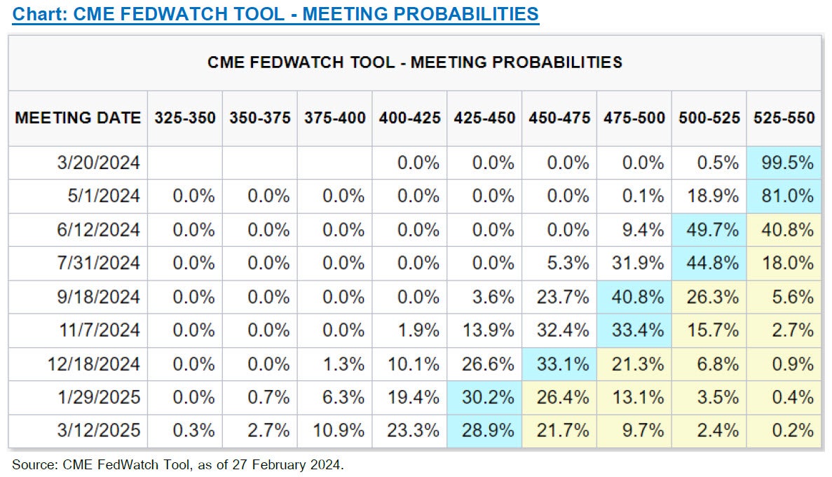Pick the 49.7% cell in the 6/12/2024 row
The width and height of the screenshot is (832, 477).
tap(709, 230)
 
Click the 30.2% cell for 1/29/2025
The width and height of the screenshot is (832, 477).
tap(484, 398)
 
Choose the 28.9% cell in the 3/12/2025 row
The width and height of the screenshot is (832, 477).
tap(484, 431)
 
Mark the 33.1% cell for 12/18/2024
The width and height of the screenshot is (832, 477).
tap(559, 364)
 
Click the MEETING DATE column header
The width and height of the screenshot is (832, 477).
tap(78, 117)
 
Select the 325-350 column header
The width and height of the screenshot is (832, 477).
tap(185, 117)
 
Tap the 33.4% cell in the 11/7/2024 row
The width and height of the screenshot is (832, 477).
tap(634, 330)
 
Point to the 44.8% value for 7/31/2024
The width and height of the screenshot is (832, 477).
tap(709, 263)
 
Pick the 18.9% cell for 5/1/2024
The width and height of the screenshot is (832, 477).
tap(709, 196)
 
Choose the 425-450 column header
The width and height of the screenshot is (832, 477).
tap(484, 117)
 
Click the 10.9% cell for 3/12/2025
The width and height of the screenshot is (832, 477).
tap(343, 431)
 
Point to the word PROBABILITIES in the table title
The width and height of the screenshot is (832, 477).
tap(552, 62)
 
